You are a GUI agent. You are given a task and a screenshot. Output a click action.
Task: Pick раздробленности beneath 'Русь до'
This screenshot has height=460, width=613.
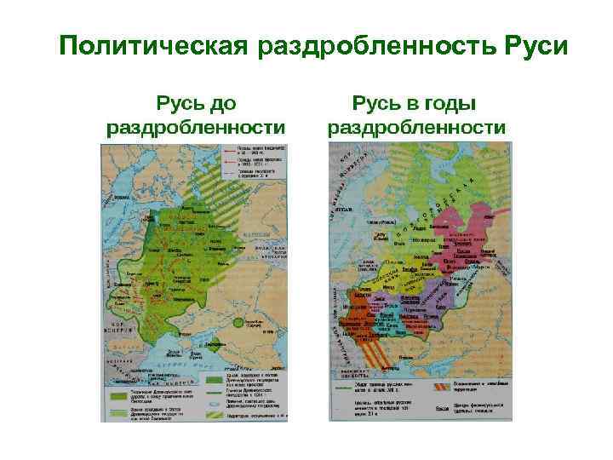195,128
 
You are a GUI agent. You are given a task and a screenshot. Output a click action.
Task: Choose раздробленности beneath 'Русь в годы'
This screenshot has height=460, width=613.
417,128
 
